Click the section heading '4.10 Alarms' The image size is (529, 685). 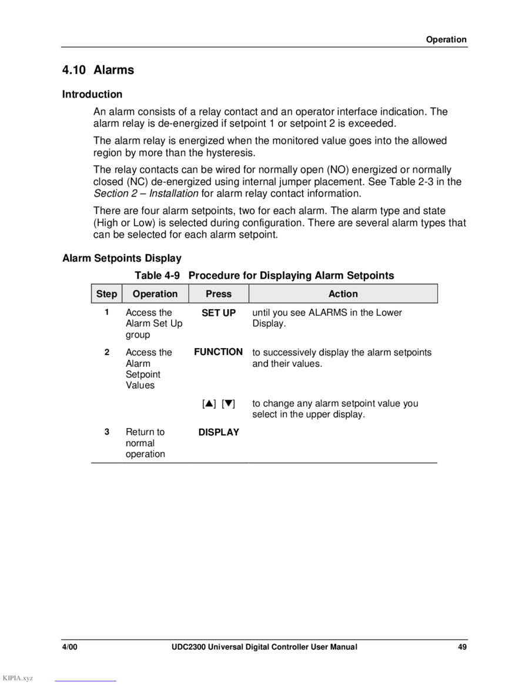click(98, 70)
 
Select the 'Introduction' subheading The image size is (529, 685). click(92, 94)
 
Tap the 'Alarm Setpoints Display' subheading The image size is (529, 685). click(122, 258)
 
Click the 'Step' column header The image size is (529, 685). click(106, 294)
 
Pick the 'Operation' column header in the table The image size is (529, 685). click(155, 294)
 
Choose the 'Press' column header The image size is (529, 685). click(219, 294)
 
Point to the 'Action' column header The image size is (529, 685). click(343, 294)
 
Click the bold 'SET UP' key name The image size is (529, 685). click(219, 313)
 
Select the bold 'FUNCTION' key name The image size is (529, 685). click(219, 352)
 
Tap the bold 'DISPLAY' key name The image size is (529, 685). click(219, 432)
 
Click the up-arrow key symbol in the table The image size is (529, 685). click(209, 404)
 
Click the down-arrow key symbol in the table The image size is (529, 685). click(229, 404)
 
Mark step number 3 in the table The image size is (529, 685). click(107, 432)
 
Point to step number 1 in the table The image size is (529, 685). click(107, 312)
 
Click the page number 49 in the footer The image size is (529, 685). click(463, 647)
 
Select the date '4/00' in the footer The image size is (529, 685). click(70, 647)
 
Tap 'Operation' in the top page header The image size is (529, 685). click(446, 40)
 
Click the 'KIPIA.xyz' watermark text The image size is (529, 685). click(18, 679)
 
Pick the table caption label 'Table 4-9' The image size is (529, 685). click(157, 276)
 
